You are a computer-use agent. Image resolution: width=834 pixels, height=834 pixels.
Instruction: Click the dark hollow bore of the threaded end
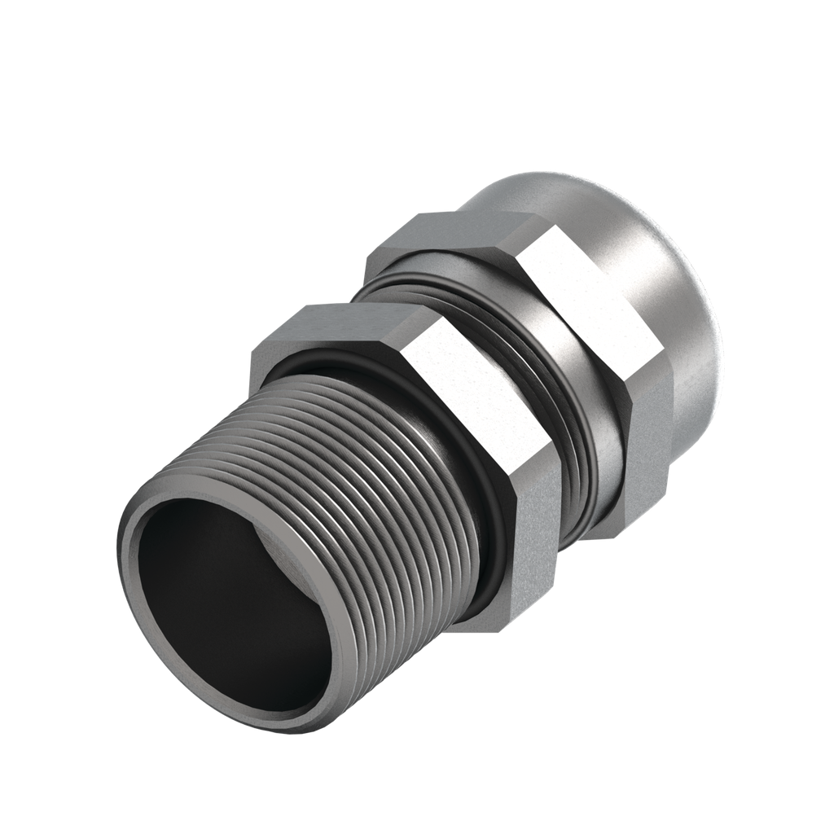tap(220, 619)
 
